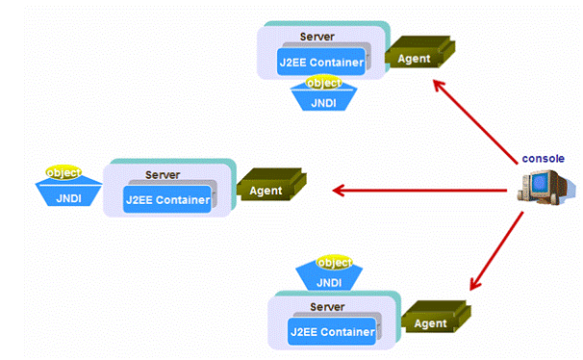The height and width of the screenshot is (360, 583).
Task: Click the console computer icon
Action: click(543, 187)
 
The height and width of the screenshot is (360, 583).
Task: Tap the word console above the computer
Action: click(543, 159)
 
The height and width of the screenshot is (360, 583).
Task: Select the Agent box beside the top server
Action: click(419, 52)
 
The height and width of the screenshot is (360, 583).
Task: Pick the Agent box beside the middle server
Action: click(272, 185)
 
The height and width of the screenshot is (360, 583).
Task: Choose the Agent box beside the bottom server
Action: click(436, 317)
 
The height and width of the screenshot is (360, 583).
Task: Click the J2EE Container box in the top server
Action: click(321, 62)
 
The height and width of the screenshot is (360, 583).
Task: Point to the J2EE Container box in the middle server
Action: click(167, 199)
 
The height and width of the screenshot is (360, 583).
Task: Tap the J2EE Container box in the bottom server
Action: click(333, 331)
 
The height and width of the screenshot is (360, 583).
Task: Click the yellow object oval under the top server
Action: click(323, 83)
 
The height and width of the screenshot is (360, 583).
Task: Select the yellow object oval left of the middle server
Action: click(63, 172)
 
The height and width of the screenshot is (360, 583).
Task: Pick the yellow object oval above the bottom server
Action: click(334, 263)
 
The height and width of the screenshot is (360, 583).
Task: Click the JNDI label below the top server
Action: click(323, 103)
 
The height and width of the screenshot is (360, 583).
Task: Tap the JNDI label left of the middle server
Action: click(68, 198)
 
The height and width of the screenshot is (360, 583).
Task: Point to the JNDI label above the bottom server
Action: click(329, 283)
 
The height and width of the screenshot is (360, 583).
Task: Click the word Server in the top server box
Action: click(317, 37)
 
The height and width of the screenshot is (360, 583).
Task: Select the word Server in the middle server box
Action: click(163, 175)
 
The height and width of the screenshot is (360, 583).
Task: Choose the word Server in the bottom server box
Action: click(327, 307)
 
